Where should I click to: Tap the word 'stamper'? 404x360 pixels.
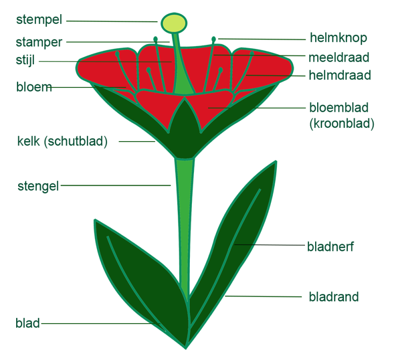39,42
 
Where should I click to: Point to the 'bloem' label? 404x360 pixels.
34,87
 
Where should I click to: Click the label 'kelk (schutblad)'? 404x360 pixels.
62,141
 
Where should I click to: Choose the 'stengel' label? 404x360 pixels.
38,186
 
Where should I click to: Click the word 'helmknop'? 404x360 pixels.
338,38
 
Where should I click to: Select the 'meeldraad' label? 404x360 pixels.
339,57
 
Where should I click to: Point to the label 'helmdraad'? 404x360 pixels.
340,76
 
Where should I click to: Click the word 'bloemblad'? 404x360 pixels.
338,108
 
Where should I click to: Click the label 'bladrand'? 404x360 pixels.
333,296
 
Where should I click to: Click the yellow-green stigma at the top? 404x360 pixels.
173,23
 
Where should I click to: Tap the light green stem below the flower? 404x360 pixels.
184,217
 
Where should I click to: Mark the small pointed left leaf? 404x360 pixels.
136,273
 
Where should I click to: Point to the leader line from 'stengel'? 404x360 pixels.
116,186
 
